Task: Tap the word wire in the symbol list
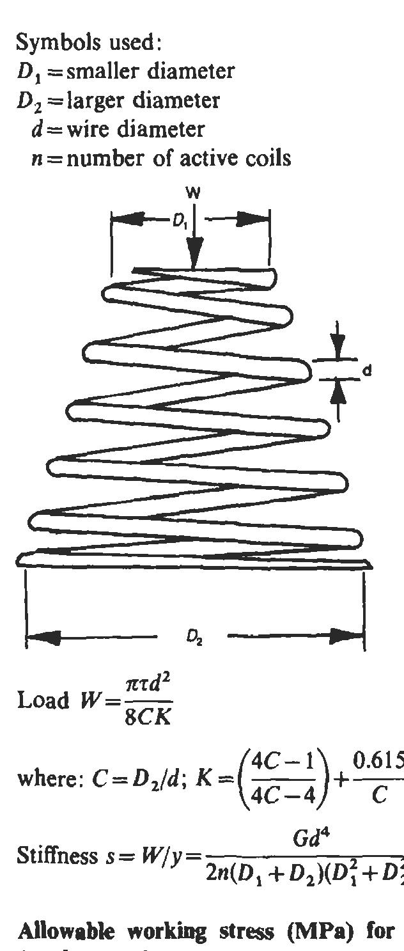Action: click(x=82, y=129)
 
